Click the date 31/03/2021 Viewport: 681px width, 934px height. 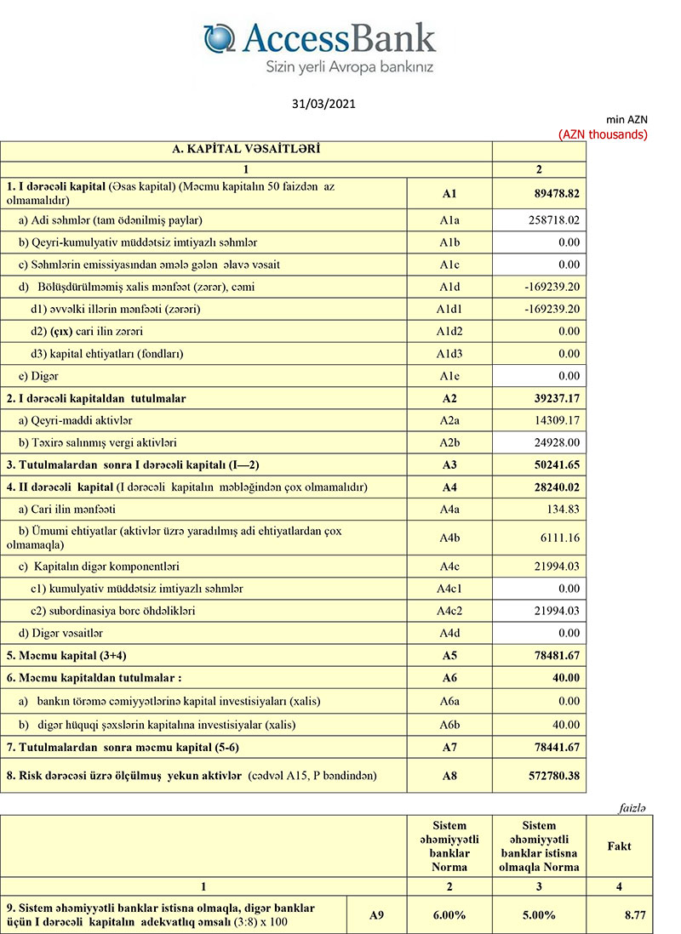click(323, 105)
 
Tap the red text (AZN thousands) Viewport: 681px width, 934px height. click(603, 134)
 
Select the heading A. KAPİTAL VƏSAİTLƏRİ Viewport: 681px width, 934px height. click(246, 150)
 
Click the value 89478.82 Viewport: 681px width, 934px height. click(552, 194)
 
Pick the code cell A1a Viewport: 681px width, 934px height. click(449, 219)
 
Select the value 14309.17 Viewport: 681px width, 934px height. click(552, 420)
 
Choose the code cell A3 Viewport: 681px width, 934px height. click(449, 464)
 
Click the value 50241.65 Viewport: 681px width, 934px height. click(552, 464)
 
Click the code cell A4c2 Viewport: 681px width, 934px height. click(449, 611)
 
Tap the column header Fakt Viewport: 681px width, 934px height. click(619, 846)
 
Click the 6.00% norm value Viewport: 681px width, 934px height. click(450, 915)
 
